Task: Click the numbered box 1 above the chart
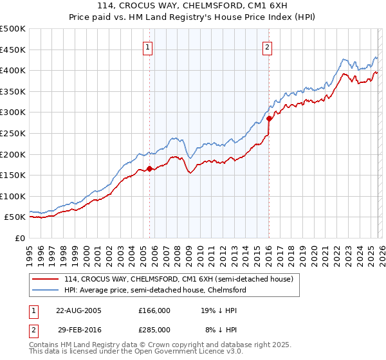148,46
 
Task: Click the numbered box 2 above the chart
266,46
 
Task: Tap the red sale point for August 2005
150,169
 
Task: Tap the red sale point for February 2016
269,119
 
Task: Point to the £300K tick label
13,113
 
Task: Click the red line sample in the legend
46,279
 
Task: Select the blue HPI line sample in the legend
46,290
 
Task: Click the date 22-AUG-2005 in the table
78,310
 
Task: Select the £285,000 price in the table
154,329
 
